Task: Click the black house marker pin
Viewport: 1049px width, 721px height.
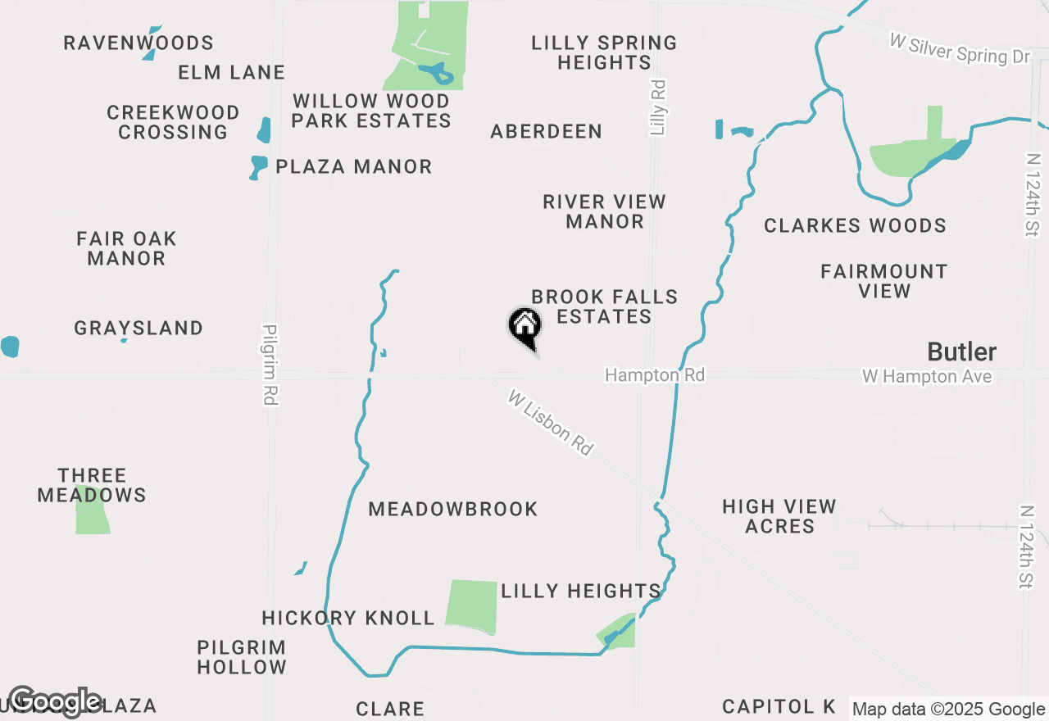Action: [524, 325]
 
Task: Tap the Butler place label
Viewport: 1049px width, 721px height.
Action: [961, 352]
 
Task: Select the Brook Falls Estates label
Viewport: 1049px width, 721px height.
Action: [604, 306]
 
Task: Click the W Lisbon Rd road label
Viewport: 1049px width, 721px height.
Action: [550, 423]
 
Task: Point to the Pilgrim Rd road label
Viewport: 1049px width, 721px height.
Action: [270, 365]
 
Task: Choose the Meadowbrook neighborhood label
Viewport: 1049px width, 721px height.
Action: [452, 509]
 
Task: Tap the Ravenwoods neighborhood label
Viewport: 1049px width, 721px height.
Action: [139, 43]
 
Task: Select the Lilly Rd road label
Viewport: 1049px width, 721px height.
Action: [657, 107]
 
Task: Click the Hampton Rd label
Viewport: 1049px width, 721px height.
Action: [654, 375]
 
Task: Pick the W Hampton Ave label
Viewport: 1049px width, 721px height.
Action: [926, 377]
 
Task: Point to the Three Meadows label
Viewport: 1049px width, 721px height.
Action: [92, 485]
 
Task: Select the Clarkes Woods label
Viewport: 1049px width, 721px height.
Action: [855, 225]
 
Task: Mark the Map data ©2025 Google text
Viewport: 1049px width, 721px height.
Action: [948, 710]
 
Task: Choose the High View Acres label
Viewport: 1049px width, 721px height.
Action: [779, 516]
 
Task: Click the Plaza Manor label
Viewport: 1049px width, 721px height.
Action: [353, 166]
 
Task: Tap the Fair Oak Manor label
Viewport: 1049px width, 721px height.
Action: [126, 248]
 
